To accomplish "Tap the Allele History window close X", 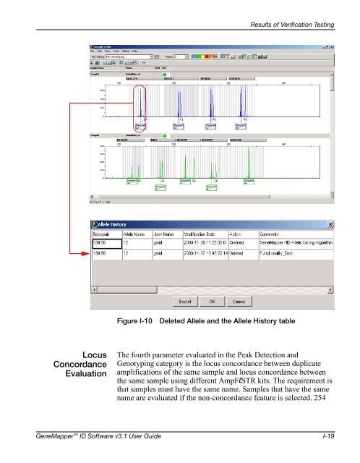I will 330,224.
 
